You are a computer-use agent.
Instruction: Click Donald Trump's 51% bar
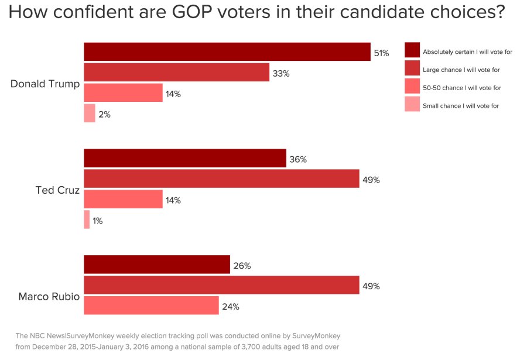227,52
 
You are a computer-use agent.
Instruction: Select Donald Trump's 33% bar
176,73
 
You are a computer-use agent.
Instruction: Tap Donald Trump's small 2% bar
90,114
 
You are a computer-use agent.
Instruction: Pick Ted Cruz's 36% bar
185,159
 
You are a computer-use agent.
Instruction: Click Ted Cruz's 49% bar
221,179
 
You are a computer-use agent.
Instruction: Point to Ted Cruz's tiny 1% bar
87,220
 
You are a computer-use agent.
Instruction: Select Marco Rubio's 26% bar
157,265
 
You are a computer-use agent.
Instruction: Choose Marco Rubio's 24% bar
151,306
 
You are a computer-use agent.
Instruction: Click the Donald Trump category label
45,84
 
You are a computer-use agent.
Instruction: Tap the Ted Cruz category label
57,190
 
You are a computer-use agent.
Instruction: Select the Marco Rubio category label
49,296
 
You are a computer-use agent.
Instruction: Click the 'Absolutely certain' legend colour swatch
412,51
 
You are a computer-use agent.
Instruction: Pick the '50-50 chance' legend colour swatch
412,87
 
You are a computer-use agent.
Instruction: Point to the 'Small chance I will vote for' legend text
461,106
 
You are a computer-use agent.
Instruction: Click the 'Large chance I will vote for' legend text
461,70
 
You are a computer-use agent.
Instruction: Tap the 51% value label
381,53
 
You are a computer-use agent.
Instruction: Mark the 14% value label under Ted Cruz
173,200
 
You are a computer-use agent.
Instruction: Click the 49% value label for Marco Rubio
371,286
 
